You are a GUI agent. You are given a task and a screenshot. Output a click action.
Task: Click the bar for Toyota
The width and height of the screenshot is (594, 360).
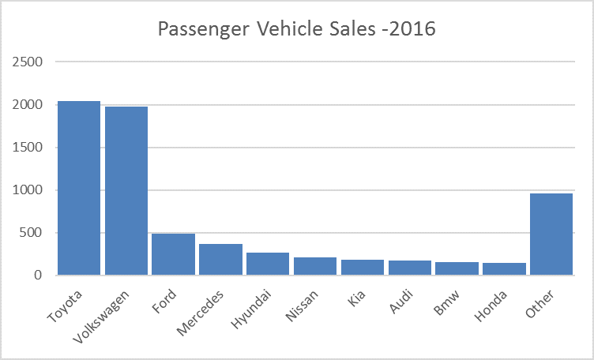79,188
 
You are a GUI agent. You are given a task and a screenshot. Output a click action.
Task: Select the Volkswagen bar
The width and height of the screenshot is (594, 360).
126,191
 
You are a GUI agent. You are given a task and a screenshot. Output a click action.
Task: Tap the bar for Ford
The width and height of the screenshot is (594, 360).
174,254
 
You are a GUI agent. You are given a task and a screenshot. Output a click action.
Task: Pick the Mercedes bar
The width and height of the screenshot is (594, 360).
221,259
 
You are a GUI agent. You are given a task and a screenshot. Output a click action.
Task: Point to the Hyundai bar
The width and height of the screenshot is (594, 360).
268,264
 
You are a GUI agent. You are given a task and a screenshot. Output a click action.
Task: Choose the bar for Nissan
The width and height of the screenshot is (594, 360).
315,266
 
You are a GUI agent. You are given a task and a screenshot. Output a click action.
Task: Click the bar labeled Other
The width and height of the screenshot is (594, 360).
551,234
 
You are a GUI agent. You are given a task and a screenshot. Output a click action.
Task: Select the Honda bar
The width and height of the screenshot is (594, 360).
504,268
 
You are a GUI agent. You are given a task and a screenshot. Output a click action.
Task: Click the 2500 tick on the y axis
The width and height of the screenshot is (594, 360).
28,62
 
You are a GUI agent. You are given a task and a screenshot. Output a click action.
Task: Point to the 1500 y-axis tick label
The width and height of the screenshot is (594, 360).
28,148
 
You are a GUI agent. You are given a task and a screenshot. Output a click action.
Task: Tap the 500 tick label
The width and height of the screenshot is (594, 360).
31,232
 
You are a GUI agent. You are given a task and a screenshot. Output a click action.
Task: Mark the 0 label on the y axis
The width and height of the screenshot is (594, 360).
38,276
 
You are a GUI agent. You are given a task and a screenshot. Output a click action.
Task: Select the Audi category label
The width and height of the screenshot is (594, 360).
400,302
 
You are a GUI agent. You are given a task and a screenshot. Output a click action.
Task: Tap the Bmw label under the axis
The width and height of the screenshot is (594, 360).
446,303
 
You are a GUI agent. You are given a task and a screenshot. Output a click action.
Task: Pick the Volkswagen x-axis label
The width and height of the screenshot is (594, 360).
101,317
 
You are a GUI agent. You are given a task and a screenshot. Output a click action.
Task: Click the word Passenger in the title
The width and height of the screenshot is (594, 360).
204,29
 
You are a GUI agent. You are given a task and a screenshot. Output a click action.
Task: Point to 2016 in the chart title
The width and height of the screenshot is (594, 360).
412,28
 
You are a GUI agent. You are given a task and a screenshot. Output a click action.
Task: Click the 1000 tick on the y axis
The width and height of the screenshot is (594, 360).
28,190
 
